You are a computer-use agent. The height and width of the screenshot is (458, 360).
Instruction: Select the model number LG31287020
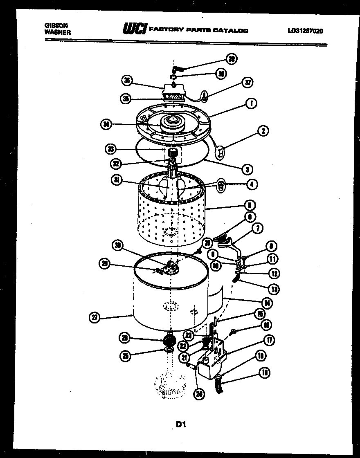pos(305,30)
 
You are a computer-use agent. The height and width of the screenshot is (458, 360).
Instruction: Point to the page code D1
pos(181,424)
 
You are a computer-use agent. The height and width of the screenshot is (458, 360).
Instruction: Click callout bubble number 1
pos(251,103)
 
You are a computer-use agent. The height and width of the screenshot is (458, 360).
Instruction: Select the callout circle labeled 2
pos(263,131)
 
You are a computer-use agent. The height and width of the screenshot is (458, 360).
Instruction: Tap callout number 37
pos(247,83)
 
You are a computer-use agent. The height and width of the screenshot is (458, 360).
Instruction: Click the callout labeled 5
pos(250,204)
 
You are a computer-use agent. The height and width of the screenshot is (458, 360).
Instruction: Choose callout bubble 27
pos(94,317)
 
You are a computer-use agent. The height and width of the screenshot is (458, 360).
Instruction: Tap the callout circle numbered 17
pos(269,340)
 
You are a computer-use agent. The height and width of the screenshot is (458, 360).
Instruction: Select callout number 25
pos(126,356)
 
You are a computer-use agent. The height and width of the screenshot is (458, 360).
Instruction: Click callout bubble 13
pos(274,289)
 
